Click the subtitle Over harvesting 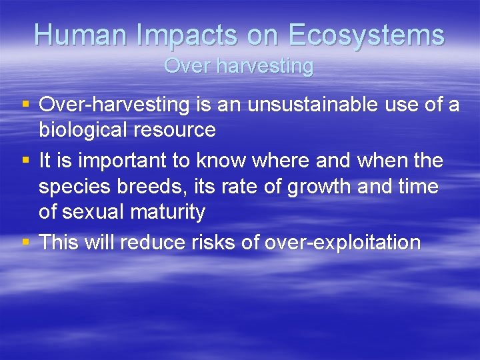[x=239, y=66]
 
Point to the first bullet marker [x=25, y=104]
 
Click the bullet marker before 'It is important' [x=25, y=160]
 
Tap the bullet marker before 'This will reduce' [x=25, y=243]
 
